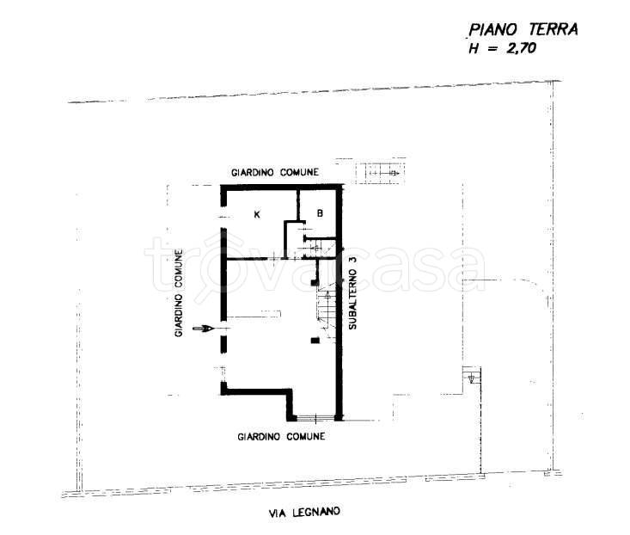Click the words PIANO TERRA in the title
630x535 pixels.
point(523,30)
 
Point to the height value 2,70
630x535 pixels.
point(521,48)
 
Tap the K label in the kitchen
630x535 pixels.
point(257,214)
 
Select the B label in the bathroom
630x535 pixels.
point(320,213)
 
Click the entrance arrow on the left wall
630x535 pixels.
point(203,329)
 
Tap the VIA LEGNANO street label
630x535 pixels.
point(304,513)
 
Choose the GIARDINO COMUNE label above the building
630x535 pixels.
point(275,172)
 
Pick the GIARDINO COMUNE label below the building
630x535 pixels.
point(281,437)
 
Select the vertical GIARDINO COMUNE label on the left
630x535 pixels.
point(179,292)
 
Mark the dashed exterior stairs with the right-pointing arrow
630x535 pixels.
point(380,173)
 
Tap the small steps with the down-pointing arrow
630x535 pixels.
point(472,375)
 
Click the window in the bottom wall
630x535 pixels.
point(315,418)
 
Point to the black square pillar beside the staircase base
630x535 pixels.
point(315,341)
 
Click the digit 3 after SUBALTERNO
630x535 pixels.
point(352,260)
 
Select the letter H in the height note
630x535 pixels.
point(474,49)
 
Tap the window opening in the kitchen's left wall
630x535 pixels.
point(222,217)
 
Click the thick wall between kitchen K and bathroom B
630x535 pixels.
point(298,205)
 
